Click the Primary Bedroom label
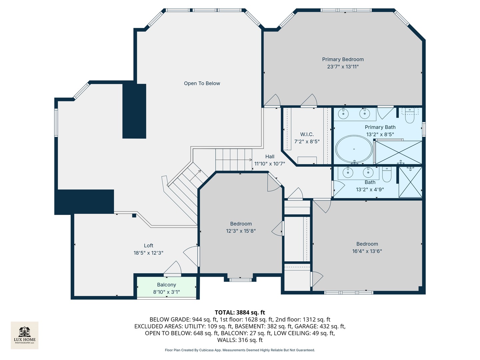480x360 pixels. click(x=343, y=59)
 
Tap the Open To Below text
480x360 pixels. click(x=202, y=83)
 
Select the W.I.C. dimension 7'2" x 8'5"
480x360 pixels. click(x=307, y=141)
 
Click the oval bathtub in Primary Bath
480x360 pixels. click(x=354, y=149)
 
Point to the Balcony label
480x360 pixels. click(x=166, y=285)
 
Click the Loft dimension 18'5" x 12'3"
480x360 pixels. click(x=148, y=253)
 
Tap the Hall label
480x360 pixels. click(x=270, y=156)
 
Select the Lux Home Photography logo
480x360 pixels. click(x=25, y=335)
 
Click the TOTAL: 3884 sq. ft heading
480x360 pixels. click(x=240, y=312)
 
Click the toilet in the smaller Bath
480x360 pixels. click(x=387, y=175)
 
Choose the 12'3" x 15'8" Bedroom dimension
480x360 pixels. click(x=241, y=231)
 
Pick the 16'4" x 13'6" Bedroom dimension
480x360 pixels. click(x=367, y=251)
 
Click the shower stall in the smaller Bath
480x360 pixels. click(x=410, y=182)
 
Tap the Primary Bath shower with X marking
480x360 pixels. click(x=399, y=152)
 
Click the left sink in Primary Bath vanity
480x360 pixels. click(x=343, y=114)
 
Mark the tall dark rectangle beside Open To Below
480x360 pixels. click(x=134, y=111)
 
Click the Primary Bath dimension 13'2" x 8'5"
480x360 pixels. click(x=380, y=134)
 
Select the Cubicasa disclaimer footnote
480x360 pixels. click(x=240, y=350)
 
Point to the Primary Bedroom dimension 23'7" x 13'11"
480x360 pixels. click(x=343, y=67)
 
